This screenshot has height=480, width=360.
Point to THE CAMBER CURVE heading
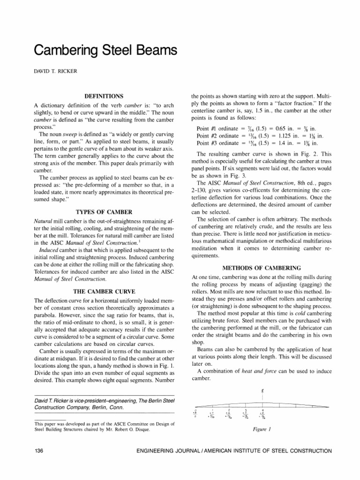click(x=105, y=291)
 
